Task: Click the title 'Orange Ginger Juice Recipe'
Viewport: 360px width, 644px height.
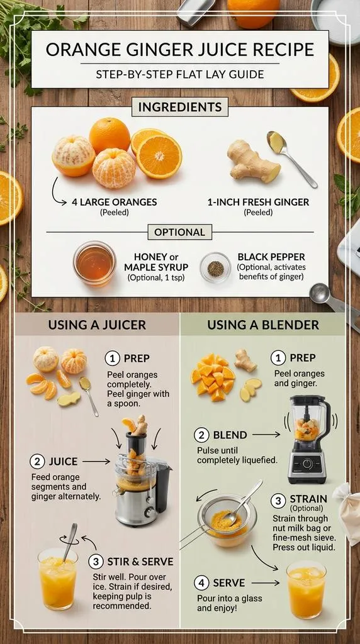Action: [x=179, y=50]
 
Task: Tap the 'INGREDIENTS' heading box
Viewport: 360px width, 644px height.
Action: [x=179, y=106]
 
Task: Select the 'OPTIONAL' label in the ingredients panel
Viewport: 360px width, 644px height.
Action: [x=179, y=232]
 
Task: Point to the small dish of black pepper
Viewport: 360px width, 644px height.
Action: [x=215, y=267]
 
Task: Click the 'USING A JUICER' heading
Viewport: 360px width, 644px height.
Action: [x=97, y=325]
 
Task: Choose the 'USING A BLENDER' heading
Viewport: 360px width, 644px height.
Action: [x=263, y=325]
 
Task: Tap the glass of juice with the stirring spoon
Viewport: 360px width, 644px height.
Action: [x=57, y=577]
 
